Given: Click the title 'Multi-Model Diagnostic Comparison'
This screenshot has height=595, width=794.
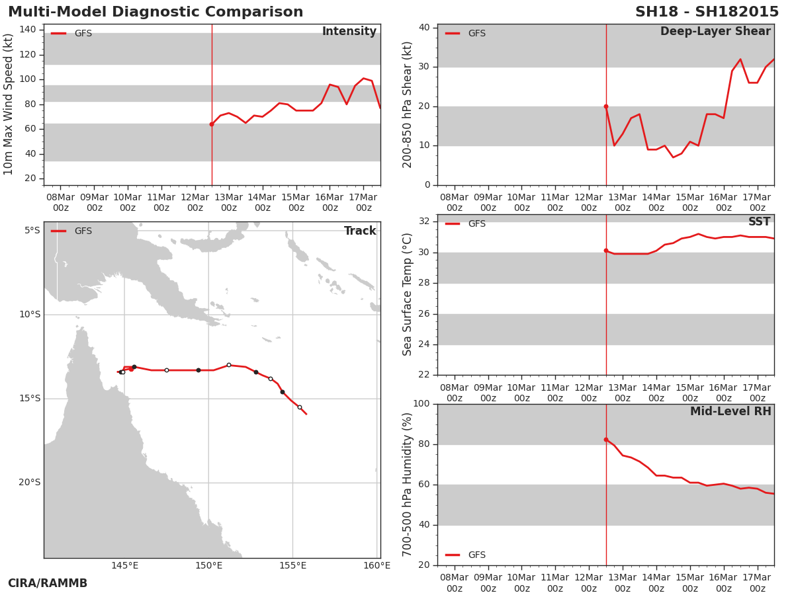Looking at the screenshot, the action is (155, 12).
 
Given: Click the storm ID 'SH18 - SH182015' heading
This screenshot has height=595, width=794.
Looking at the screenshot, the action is (707, 12).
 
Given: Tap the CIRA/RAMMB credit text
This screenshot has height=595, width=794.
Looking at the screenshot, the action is (48, 583).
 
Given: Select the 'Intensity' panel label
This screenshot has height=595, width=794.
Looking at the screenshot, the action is (349, 31).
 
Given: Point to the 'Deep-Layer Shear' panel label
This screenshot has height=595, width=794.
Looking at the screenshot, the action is (715, 32).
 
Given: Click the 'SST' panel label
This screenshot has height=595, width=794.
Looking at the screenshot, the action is (760, 221).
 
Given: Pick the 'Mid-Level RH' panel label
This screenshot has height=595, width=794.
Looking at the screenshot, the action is (730, 411).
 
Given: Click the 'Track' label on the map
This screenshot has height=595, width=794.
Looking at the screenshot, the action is (360, 231).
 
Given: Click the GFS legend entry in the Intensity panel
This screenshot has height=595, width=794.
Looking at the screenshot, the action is (71, 33).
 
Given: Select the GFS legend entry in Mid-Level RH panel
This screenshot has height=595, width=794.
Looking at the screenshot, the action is (465, 555).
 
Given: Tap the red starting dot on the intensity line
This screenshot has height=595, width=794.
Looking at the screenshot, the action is (212, 124).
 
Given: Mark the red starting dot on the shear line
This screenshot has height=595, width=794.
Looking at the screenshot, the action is (606, 106).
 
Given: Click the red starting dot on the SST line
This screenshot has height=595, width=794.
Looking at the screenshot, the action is (606, 251).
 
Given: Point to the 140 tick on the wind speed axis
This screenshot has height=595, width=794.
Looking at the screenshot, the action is (28, 30).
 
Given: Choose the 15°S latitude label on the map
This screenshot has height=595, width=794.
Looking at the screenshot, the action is (30, 399).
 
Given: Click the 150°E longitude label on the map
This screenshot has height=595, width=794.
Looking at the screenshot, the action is (208, 565).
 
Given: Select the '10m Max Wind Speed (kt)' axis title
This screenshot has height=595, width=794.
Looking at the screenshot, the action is (8, 104).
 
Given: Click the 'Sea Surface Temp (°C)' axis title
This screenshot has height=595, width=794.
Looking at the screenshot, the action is (407, 295).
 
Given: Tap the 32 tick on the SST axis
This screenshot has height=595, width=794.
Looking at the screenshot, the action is (424, 221).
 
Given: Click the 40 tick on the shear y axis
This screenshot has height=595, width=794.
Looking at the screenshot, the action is (424, 28).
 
